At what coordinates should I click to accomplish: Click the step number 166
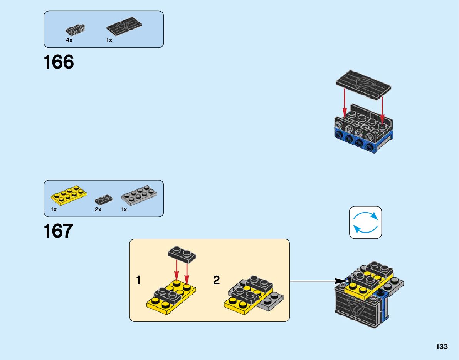59,62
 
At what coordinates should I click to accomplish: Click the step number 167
58,231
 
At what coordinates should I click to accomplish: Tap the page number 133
442,347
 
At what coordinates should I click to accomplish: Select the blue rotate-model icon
365,223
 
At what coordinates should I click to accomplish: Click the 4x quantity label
69,40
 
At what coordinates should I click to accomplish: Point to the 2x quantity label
98,209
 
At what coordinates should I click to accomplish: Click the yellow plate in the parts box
69,195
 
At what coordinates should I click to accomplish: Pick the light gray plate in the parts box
139,195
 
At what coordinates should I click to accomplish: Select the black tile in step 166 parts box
124,26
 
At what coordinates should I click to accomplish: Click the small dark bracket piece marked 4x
75,30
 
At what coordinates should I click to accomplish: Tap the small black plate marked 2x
104,200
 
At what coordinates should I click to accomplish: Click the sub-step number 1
138,280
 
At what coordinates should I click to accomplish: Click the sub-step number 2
216,280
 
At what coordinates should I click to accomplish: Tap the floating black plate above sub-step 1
182,255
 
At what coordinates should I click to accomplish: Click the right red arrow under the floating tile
382,110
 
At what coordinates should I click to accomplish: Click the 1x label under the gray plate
124,209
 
